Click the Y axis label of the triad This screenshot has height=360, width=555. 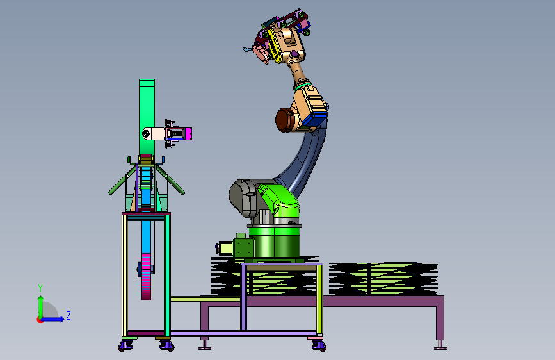pyautogui.click(x=40, y=288)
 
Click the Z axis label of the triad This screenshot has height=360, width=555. pyautogui.click(x=68, y=315)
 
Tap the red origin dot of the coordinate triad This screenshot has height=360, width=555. pyautogui.click(x=40, y=320)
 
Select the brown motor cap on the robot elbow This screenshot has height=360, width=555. pyautogui.click(x=285, y=120)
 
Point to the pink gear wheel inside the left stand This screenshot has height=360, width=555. pyautogui.click(x=146, y=276)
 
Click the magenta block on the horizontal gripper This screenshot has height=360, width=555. pyautogui.click(x=188, y=134)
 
